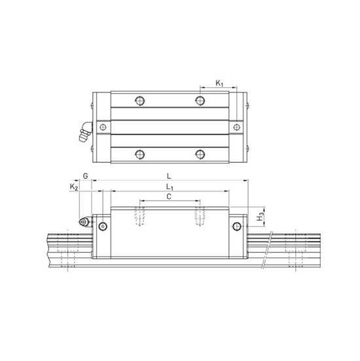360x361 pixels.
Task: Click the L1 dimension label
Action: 170,187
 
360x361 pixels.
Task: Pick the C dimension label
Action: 169,197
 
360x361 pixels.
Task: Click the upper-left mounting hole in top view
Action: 139,100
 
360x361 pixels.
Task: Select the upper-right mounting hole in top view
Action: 201,100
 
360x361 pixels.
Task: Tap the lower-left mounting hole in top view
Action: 139,154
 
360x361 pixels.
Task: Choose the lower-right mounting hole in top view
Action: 201,154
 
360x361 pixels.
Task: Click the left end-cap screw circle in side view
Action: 102,227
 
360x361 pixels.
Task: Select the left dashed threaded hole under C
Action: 139,216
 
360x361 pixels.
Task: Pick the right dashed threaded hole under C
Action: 201,216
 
